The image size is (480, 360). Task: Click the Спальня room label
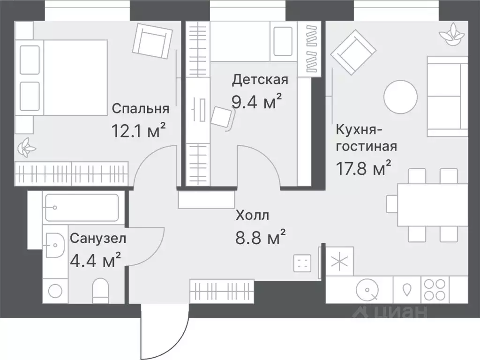click(x=140, y=109)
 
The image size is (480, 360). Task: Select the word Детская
click(x=260, y=79)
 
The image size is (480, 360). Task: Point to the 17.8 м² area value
click(x=363, y=167)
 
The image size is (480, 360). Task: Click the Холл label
click(x=252, y=216)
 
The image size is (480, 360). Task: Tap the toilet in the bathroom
click(x=101, y=290)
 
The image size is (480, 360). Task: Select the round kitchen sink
click(x=367, y=290)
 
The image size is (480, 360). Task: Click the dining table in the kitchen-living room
click(x=432, y=205)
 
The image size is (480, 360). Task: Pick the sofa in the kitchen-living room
click(x=447, y=96)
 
